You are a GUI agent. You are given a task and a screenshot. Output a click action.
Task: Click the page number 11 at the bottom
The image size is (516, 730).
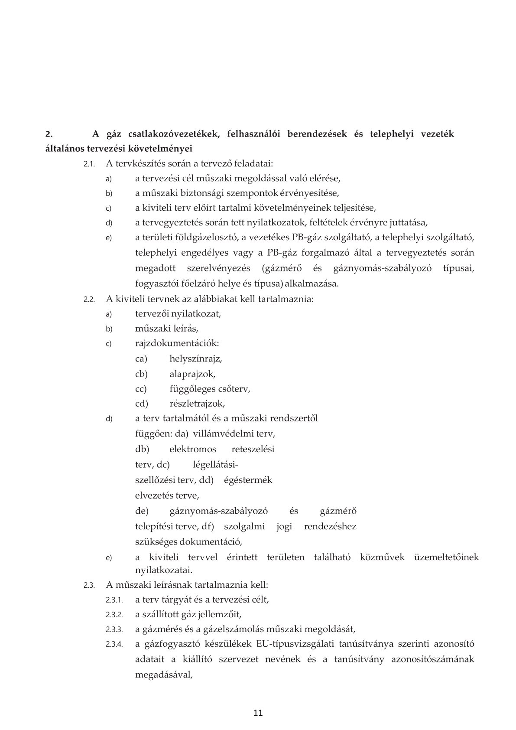(258, 713)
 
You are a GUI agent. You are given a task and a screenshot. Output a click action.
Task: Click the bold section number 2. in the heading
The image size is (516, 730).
(49, 134)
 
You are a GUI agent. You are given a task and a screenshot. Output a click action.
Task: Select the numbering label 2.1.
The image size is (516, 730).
(89, 164)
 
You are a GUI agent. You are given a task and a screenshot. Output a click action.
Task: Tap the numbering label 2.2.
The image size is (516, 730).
(89, 300)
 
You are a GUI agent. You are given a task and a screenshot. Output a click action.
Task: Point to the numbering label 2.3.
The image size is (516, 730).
(89, 585)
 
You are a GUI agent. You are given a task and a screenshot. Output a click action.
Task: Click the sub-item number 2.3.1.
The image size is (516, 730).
(114, 600)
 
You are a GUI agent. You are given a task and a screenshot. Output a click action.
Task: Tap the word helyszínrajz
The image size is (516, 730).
(195, 359)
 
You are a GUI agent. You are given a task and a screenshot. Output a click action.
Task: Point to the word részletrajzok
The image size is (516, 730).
(197, 404)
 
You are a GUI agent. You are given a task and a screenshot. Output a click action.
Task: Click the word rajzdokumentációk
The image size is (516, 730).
(176, 344)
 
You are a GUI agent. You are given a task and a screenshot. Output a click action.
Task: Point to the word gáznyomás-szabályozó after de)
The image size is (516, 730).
(218, 511)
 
